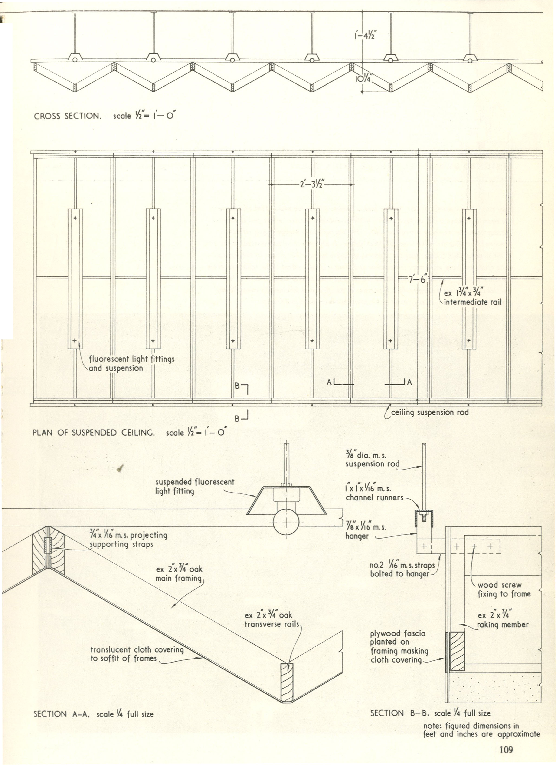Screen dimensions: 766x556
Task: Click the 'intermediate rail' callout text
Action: click(472, 302)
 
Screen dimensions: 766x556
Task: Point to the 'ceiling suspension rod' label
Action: click(429, 412)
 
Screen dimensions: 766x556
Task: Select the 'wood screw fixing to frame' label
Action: click(504, 589)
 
